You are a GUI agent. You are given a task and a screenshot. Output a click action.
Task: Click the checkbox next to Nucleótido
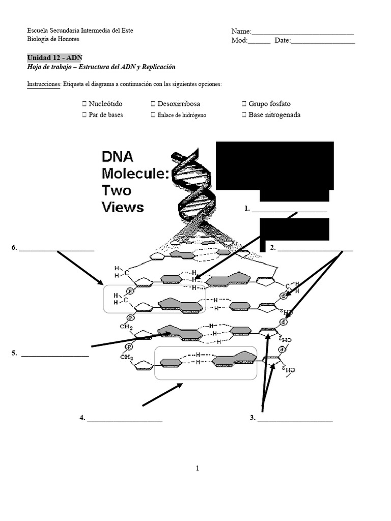85,104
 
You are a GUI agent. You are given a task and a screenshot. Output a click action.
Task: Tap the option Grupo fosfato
269,104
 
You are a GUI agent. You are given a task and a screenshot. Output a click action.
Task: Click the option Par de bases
105,115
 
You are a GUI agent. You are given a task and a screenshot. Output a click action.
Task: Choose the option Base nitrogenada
274,115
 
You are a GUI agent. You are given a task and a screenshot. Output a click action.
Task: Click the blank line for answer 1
289,210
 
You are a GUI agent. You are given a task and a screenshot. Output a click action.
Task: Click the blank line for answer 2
315,250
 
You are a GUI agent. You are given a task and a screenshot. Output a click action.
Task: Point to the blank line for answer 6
57,250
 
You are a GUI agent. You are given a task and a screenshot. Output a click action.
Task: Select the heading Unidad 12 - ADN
53,57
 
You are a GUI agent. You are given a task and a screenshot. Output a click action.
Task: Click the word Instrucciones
44,84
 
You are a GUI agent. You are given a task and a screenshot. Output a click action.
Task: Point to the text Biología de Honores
53,39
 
